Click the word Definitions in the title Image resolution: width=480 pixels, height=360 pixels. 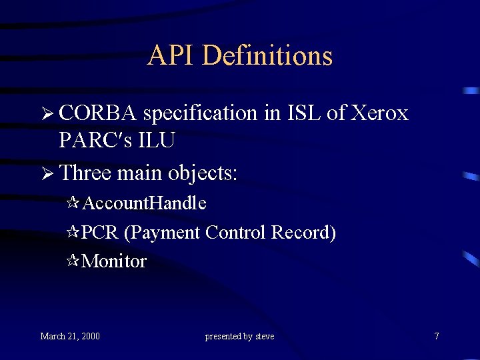[267, 55]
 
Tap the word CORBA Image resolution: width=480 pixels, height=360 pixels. [97, 113]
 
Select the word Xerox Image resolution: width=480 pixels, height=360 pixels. [381, 113]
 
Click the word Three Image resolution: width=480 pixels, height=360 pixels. [85, 173]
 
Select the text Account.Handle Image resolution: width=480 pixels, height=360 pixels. [144, 203]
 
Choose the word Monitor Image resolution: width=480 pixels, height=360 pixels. [114, 261]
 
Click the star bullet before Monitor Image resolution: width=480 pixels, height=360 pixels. [74, 261]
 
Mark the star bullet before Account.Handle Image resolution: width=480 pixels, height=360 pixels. [74, 203]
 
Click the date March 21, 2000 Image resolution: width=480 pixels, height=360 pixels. [70, 336]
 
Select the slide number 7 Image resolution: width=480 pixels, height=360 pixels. [437, 336]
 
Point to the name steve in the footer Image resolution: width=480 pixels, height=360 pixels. [265, 336]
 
